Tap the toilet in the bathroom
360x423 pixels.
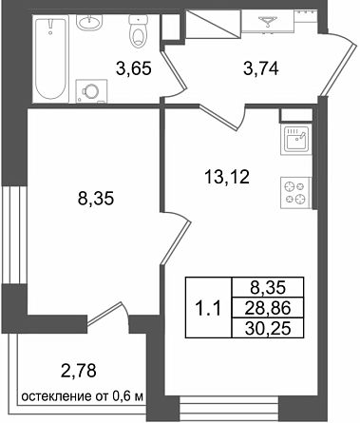click(139, 31)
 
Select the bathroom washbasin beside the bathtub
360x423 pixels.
click(89, 23)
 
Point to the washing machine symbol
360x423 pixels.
click(91, 91)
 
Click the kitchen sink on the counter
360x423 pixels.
click(296, 139)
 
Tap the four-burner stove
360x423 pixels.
click(296, 193)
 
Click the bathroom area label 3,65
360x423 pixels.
click(134, 68)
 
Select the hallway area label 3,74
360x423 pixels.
click(261, 68)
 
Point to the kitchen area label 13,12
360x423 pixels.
click(227, 177)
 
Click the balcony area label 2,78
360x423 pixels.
click(78, 371)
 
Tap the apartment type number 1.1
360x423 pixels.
click(208, 309)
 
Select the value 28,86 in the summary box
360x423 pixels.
click(268, 308)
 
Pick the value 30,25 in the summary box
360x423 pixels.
click(268, 329)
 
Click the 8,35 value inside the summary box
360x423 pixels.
click(268, 288)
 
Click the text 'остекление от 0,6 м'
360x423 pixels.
click(83, 396)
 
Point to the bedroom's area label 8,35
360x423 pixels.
click(96, 200)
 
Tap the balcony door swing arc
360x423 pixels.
click(125, 311)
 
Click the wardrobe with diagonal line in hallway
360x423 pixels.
click(212, 24)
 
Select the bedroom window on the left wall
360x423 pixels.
click(13, 235)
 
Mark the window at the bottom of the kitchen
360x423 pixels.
click(229, 409)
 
